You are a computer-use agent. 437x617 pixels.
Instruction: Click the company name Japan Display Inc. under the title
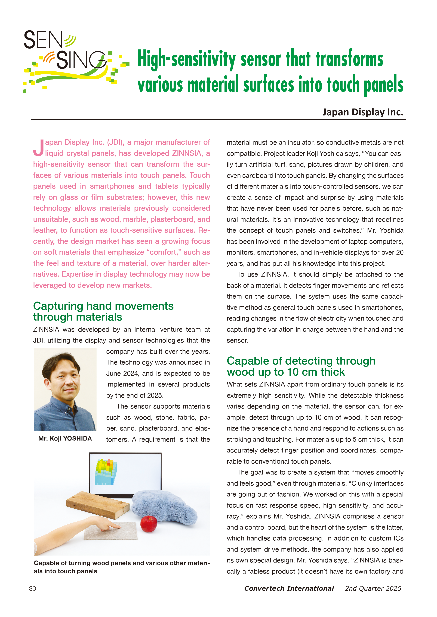pos(363,112)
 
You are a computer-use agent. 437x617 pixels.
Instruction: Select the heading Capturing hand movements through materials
pos(103,311)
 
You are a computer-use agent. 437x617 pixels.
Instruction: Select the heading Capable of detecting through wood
pos(301,366)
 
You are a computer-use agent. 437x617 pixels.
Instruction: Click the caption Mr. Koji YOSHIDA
pos(65,439)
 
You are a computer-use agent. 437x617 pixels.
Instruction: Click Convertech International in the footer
pos(289,588)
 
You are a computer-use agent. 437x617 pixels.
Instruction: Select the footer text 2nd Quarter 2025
pos(373,588)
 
